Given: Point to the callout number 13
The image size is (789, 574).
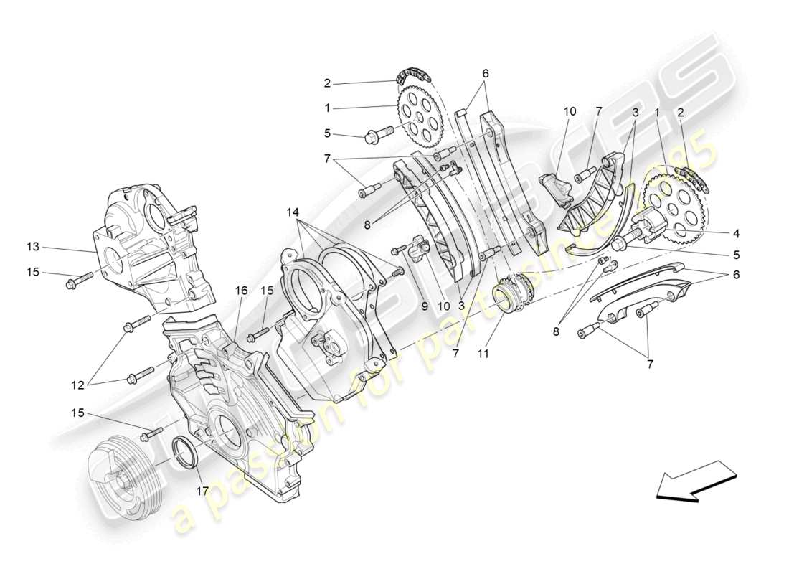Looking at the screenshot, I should [33, 248].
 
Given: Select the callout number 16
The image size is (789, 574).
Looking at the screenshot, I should [240, 290].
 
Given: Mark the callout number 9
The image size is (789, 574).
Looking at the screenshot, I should [424, 305].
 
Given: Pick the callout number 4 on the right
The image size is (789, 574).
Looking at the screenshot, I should [737, 232].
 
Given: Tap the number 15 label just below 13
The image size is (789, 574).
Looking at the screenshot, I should [33, 273].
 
